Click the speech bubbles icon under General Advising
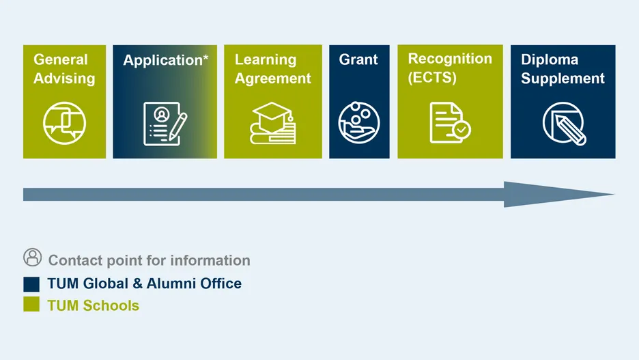[x=64, y=123]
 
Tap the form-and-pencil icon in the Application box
[x=165, y=124]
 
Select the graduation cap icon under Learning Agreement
[x=272, y=123]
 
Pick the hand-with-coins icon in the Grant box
[x=359, y=122]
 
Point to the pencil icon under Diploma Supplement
[x=565, y=124]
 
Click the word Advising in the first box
[x=64, y=79]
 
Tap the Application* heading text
[x=165, y=60]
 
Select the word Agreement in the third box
[x=272, y=79]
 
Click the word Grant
[x=358, y=59]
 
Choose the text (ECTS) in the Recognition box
[x=432, y=77]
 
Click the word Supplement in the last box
[x=563, y=79]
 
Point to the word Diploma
[x=550, y=59]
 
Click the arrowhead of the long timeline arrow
[x=558, y=195]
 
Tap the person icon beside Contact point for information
[x=33, y=258]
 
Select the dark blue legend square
[x=31, y=284]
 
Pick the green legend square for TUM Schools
[x=31, y=304]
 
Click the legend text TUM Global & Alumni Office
[x=144, y=283]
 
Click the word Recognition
[x=450, y=59]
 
